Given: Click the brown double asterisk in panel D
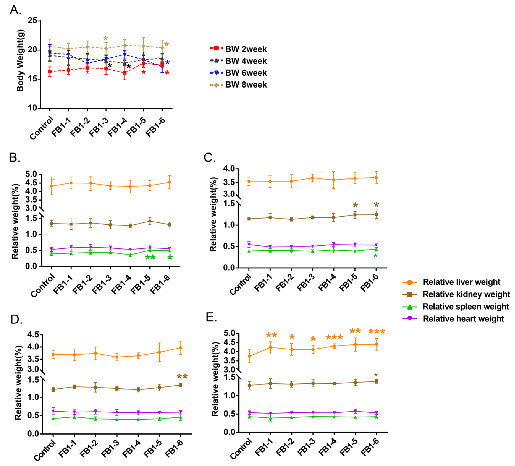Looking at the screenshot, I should click(182, 377).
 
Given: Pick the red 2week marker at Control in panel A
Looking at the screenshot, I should click(50, 72).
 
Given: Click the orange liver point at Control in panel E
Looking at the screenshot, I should click(249, 356).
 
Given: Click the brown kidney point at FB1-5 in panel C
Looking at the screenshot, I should click(355, 215).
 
